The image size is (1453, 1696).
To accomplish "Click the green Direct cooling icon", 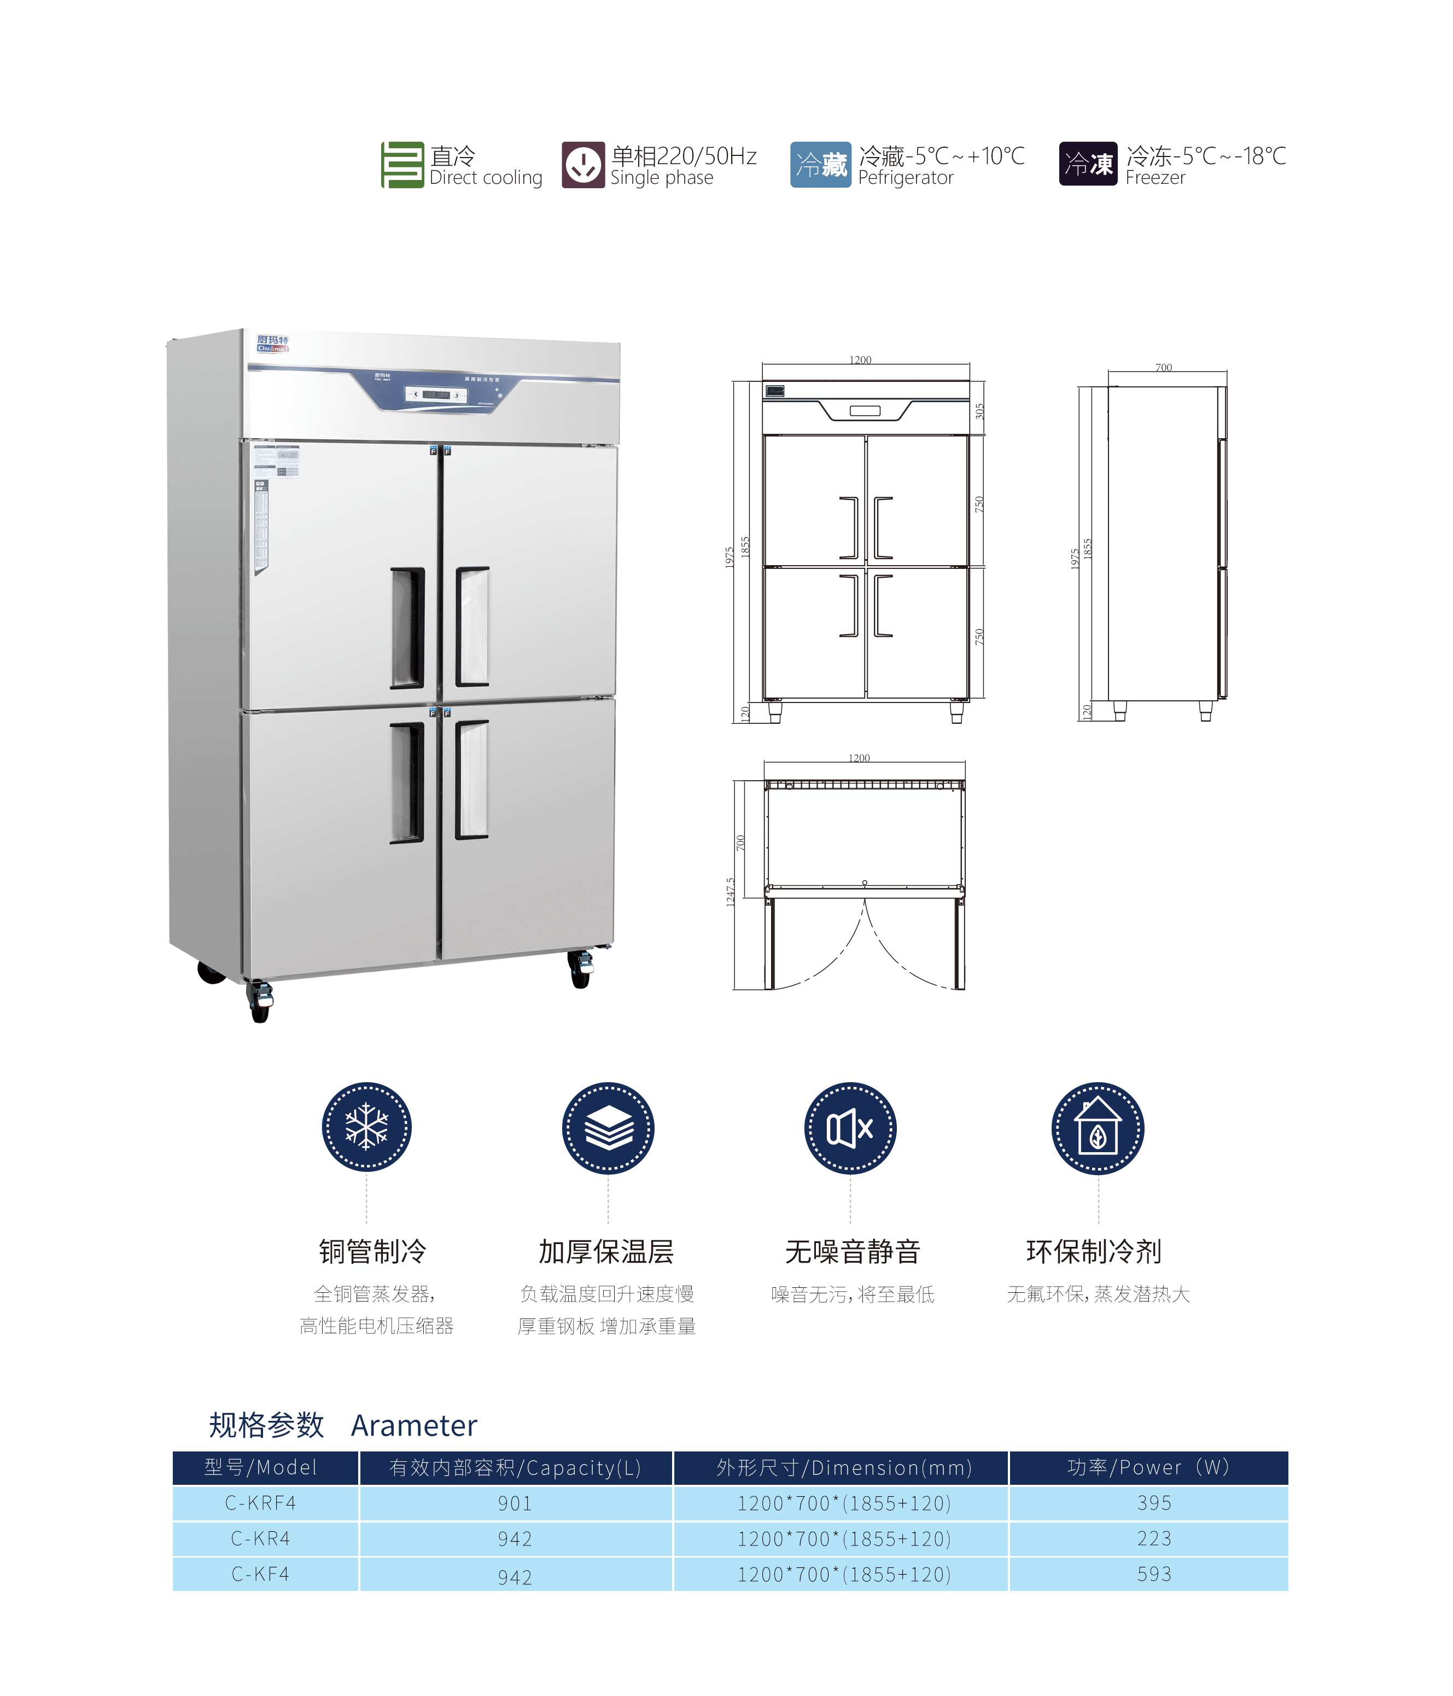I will [x=402, y=165].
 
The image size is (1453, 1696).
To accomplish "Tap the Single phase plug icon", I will [x=582, y=165].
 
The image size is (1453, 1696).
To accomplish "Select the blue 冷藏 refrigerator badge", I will [x=821, y=165].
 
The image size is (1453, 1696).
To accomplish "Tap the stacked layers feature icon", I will [x=608, y=1129].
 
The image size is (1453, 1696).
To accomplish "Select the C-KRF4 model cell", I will [x=261, y=1503].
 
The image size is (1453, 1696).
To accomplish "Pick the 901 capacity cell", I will [x=515, y=1503].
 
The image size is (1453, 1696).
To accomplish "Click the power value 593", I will [x=1153, y=1573].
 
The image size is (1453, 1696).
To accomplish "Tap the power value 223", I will [x=1153, y=1538].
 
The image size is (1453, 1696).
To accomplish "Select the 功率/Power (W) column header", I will [x=1148, y=1467].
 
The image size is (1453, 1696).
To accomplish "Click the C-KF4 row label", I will [x=261, y=1573].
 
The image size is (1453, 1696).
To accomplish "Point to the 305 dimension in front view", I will [x=979, y=411].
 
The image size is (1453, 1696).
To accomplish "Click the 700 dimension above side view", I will [x=1163, y=368].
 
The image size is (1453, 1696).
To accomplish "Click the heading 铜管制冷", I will [x=372, y=1251].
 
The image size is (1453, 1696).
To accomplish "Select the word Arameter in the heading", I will [x=414, y=1425].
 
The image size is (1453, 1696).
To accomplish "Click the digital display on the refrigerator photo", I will [x=436, y=394].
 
